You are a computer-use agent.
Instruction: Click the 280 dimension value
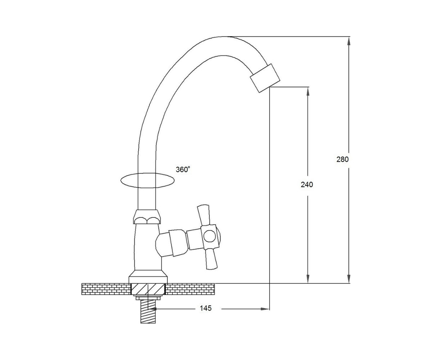(x=342, y=159)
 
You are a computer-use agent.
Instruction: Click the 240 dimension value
(x=307, y=185)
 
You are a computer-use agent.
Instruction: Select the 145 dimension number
(x=206, y=308)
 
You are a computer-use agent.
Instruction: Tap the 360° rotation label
(x=183, y=170)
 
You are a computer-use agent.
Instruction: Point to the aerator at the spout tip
(x=265, y=78)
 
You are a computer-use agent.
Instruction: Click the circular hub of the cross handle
(x=210, y=236)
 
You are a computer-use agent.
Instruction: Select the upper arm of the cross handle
(x=204, y=215)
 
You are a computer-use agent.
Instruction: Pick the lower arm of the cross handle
(x=212, y=259)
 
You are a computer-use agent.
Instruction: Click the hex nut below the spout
(x=147, y=217)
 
